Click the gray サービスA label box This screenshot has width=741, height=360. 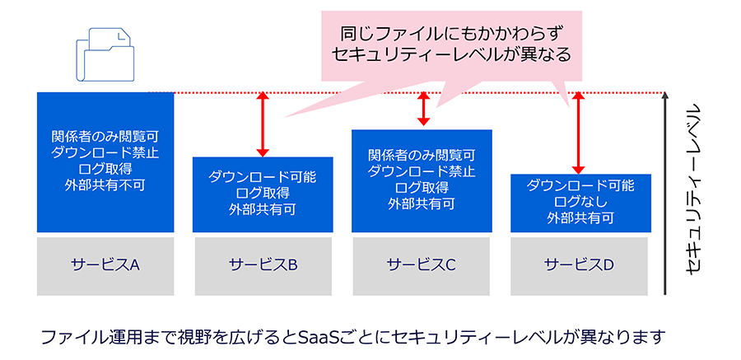point(105,266)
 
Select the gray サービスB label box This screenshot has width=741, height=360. point(263,266)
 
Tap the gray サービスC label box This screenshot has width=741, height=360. point(422,266)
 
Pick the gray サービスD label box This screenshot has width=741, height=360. point(580,266)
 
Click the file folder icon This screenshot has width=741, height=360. point(105,54)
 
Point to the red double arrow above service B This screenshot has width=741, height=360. point(263,124)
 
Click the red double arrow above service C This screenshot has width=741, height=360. point(423,109)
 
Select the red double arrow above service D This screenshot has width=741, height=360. point(578,133)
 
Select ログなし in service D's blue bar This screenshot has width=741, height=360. point(580,202)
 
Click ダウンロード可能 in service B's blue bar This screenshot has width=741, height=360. point(263,178)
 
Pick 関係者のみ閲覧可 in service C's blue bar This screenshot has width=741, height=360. point(422,155)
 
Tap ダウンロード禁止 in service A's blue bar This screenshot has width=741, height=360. point(105,153)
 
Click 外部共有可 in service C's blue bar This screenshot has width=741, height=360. point(422,203)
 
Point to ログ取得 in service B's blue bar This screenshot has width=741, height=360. point(263,194)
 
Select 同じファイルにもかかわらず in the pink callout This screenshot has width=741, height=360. point(452,34)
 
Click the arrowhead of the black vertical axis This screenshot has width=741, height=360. point(665,96)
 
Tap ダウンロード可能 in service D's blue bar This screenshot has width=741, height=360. point(580,186)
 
